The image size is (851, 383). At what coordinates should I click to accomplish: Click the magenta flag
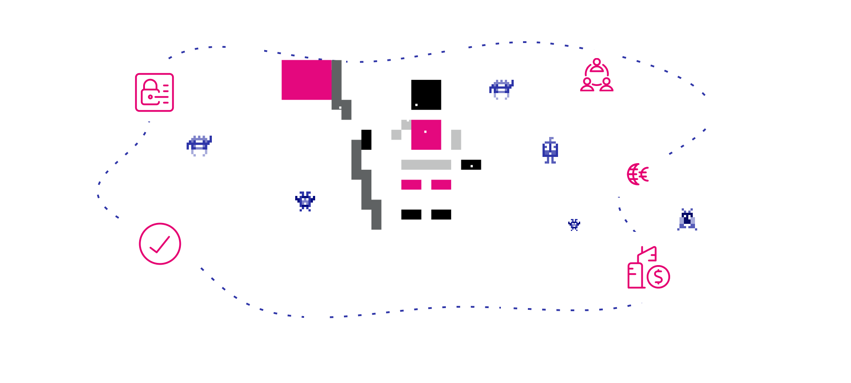coord(306,80)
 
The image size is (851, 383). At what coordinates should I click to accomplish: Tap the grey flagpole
coord(356,160)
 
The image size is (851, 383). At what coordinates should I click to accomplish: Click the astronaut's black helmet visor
coord(426,95)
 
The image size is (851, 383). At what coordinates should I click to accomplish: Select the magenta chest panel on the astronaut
coord(426,135)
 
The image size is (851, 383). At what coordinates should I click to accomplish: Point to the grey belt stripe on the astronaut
coord(426,164)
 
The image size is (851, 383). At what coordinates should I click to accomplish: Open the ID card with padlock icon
coord(154,92)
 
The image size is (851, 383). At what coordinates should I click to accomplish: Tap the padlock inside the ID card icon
coord(150,93)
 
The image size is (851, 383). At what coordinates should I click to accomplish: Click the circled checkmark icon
coord(160,244)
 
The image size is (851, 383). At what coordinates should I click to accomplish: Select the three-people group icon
coord(597,75)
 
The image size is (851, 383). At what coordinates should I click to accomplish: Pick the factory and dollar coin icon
coord(648,267)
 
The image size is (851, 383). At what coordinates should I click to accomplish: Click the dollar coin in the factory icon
coord(658,277)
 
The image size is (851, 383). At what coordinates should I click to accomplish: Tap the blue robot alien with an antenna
coord(550,150)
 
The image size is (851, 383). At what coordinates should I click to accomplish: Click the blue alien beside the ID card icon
coord(199,145)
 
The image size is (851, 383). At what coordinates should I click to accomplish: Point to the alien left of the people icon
coord(501,89)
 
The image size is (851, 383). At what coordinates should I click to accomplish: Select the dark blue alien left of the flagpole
coord(305,201)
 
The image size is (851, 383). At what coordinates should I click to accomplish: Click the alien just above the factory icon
coord(687,220)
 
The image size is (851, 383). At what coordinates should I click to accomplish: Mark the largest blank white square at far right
coord(738,92)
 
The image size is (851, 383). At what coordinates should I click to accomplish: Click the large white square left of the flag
coord(245,49)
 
